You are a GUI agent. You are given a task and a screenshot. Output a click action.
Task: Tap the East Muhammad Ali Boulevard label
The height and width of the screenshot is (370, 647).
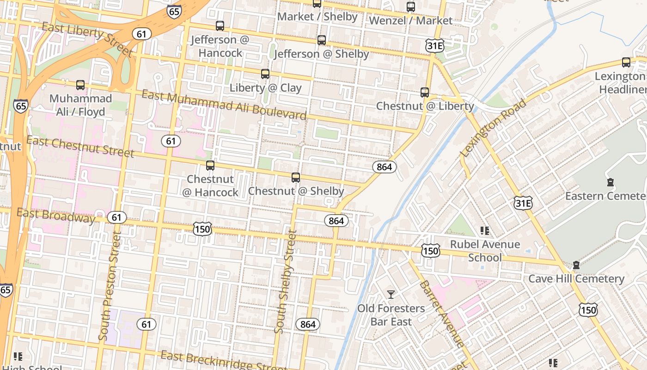point(224,105)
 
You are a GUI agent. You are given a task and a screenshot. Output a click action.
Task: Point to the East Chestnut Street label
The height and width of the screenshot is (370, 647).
point(80,146)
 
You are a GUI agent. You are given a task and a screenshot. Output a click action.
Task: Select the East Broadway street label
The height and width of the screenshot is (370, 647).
point(55,216)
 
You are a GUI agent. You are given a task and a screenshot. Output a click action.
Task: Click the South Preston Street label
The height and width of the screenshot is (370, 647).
point(110,287)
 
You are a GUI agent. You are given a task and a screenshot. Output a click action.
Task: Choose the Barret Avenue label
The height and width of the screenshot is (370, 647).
point(441,314)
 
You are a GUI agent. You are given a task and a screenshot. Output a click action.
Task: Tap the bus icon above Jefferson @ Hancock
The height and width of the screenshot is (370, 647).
point(220,26)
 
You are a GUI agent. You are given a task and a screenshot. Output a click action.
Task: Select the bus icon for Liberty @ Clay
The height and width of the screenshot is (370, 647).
point(265,74)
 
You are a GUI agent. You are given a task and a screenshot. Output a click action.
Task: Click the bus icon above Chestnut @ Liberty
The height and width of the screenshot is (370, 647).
point(425,92)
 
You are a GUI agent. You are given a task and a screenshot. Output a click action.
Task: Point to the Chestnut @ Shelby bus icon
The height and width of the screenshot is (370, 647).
point(296,178)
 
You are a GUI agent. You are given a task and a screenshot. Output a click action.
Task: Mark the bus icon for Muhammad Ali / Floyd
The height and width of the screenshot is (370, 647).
point(80,85)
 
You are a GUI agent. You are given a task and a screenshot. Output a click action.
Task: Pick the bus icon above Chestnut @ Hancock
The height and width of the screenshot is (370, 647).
point(210,166)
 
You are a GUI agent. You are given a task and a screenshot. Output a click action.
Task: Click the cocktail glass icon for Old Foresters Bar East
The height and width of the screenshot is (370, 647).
point(391,295)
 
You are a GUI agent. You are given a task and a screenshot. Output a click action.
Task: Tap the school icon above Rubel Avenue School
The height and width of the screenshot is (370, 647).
point(484,230)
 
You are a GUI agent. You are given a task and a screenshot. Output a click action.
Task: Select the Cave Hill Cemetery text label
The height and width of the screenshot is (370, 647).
point(576,279)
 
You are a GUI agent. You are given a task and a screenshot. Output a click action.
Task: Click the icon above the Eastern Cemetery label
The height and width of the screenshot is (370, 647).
point(610,182)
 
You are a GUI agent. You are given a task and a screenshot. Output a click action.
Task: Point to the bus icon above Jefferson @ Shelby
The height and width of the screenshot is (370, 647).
point(322,40)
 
